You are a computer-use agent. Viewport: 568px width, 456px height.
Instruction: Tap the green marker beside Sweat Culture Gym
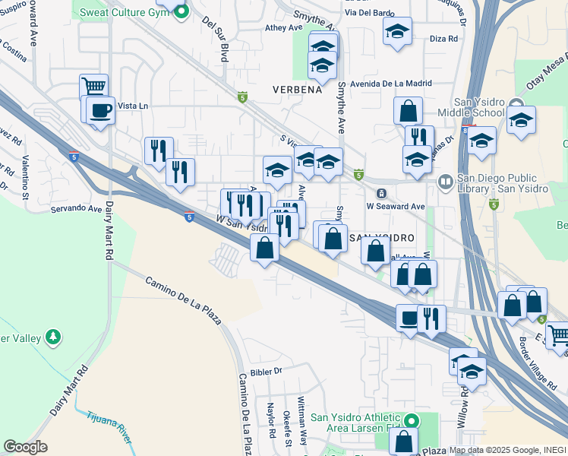click(x=181, y=11)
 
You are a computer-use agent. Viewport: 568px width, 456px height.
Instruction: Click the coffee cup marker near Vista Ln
click(x=100, y=111)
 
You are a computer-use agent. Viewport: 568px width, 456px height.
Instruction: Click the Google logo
click(x=25, y=447)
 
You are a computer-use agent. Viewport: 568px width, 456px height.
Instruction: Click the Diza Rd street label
click(x=443, y=38)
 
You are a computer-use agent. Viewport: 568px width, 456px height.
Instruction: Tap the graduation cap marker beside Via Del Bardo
click(x=397, y=32)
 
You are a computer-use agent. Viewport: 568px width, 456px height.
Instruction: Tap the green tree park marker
click(x=52, y=336)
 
